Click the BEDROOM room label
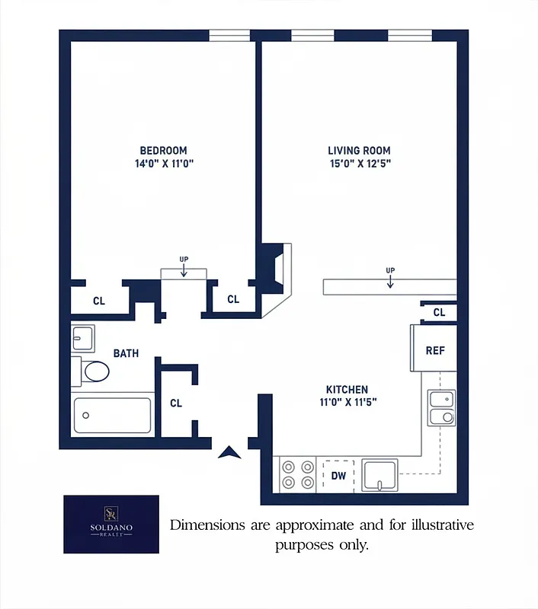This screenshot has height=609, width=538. (x=163, y=151)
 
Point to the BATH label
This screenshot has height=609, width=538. (x=126, y=353)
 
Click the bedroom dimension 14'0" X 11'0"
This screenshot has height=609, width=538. (x=163, y=164)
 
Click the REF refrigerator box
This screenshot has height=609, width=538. (x=434, y=350)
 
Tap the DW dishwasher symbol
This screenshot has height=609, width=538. (x=339, y=477)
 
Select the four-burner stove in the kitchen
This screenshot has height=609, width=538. (x=297, y=474)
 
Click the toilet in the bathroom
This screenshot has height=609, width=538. (x=92, y=371)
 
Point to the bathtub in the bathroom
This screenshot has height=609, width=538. (x=112, y=416)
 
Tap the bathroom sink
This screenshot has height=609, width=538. (x=83, y=338)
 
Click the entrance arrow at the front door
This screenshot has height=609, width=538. (x=229, y=452)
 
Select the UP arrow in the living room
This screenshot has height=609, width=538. (x=390, y=279)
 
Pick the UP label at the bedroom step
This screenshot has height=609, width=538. (x=184, y=260)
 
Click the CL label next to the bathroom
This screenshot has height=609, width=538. (x=176, y=403)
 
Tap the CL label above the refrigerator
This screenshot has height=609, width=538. (x=439, y=312)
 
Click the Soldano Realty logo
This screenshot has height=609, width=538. (x=111, y=524)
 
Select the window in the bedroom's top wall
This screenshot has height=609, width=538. (x=229, y=35)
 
